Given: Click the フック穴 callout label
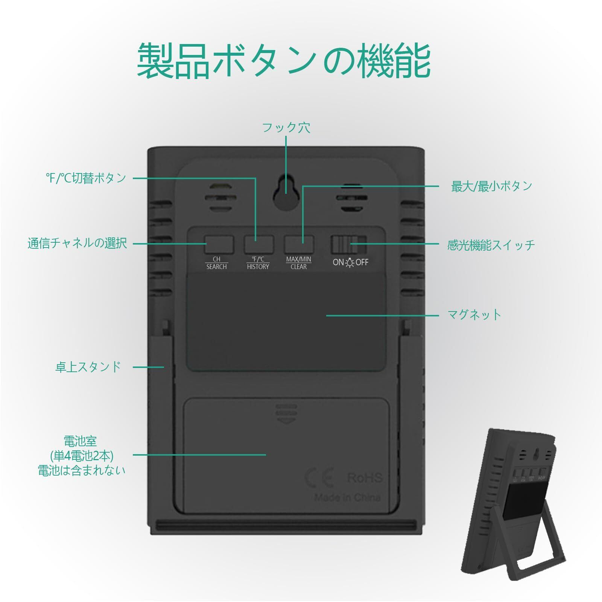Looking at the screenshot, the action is click(x=286, y=128).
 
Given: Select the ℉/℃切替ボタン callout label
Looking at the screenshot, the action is click(x=86, y=178).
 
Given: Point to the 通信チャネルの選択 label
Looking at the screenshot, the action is click(x=77, y=243).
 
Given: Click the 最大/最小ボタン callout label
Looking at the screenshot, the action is click(x=491, y=186).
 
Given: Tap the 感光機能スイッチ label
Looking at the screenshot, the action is click(x=491, y=245).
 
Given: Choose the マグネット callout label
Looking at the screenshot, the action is click(x=474, y=315).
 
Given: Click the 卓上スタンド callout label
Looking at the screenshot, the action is click(x=88, y=367).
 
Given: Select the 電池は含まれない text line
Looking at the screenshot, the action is click(x=82, y=470).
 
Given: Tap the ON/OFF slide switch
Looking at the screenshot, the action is click(x=348, y=245).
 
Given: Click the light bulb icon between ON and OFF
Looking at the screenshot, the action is click(x=350, y=263).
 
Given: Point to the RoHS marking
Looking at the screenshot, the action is click(x=364, y=478).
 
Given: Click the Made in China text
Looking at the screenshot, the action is click(x=347, y=497).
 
